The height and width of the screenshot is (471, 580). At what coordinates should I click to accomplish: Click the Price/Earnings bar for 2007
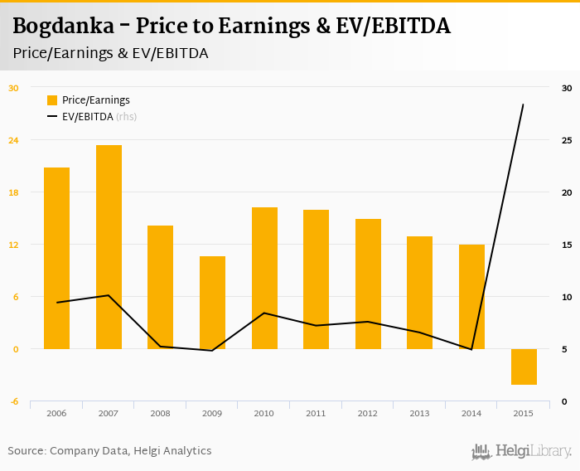tap(109, 247)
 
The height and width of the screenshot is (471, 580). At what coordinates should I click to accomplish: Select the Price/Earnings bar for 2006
tap(56, 258)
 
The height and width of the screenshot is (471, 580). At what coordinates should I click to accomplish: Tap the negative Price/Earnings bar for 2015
tap(524, 367)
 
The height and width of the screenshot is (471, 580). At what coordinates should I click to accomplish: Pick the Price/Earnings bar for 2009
tap(212, 303)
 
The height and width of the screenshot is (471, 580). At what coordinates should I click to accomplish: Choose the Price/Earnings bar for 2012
tap(368, 284)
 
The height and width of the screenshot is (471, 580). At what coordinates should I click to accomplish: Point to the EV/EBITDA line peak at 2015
tap(523, 104)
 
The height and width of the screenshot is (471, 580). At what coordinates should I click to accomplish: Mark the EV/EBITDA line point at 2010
tap(263, 313)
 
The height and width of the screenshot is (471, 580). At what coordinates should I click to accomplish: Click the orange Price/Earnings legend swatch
tap(52, 100)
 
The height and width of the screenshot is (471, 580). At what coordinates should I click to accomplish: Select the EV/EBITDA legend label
tap(87, 117)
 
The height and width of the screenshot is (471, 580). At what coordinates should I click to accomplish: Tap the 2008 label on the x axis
tap(160, 413)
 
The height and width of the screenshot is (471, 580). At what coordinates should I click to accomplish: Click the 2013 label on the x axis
tap(419, 413)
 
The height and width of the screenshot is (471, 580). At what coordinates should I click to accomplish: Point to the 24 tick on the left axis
tap(13, 140)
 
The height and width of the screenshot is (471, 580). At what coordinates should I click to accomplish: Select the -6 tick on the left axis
tap(13, 401)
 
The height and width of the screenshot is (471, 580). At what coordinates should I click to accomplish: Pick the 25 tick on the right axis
tap(567, 140)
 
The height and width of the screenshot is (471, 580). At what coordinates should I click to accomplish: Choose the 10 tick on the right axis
tap(567, 297)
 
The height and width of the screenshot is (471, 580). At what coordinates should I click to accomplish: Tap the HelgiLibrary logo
tap(521, 451)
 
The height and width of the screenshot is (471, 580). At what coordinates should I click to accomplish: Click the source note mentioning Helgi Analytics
tap(109, 451)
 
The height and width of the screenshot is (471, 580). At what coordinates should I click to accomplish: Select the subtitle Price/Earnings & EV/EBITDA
tap(110, 53)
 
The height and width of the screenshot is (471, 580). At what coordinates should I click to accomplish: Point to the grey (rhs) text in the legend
tap(126, 117)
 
